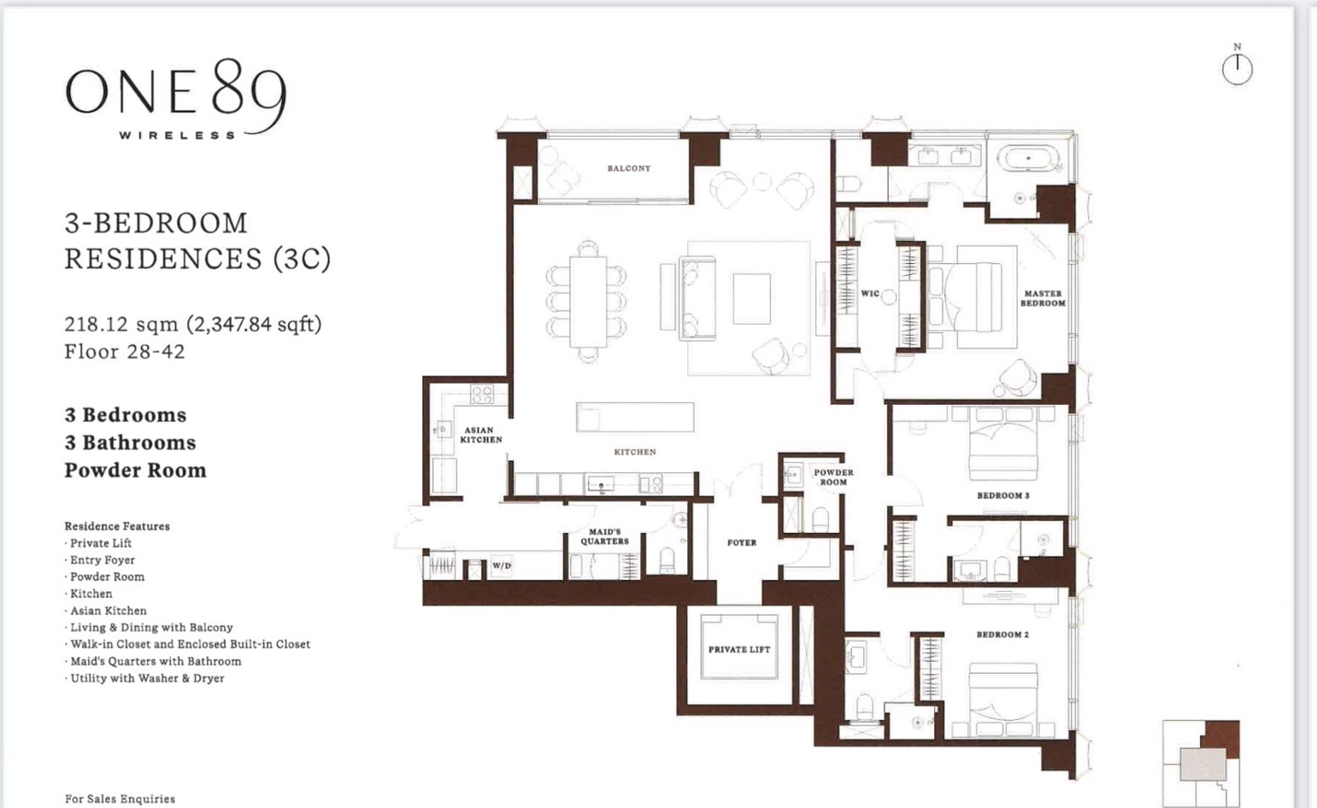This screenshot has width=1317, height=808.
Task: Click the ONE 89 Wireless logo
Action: (x=176, y=99)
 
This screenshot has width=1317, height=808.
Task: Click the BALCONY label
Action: (x=629, y=168)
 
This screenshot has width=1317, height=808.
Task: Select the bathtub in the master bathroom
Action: (x=1029, y=159)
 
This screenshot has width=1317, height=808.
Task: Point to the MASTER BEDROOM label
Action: (x=1043, y=299)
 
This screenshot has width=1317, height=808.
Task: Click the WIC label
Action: (x=870, y=294)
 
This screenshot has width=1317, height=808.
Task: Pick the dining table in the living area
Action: (x=588, y=302)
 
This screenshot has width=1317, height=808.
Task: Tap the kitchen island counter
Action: (x=635, y=417)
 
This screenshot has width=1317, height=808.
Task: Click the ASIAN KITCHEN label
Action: (x=481, y=435)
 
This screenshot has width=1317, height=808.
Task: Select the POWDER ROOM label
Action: (x=834, y=477)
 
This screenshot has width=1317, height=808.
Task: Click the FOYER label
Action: (x=742, y=543)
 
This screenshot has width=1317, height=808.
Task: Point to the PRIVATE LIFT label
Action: (x=739, y=649)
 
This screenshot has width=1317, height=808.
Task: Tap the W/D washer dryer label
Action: (x=502, y=566)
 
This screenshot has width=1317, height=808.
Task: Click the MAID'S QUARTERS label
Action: (x=605, y=536)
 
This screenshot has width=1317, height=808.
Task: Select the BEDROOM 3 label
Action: (x=1003, y=495)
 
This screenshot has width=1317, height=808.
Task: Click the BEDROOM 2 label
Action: (x=1002, y=635)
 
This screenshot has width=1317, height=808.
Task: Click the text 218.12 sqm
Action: (x=121, y=325)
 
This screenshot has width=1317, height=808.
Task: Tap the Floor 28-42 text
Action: (x=125, y=351)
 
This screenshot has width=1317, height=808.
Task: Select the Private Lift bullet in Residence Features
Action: (x=98, y=543)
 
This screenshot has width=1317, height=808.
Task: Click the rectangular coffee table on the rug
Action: (x=751, y=299)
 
